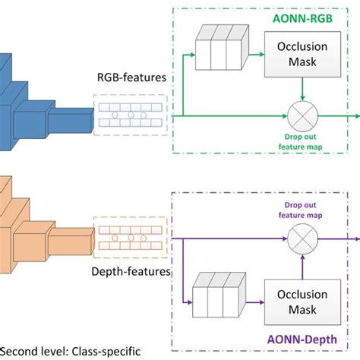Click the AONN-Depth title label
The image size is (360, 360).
click(x=311, y=341)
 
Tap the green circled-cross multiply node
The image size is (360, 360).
click(x=304, y=115)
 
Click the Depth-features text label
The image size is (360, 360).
click(x=131, y=269)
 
